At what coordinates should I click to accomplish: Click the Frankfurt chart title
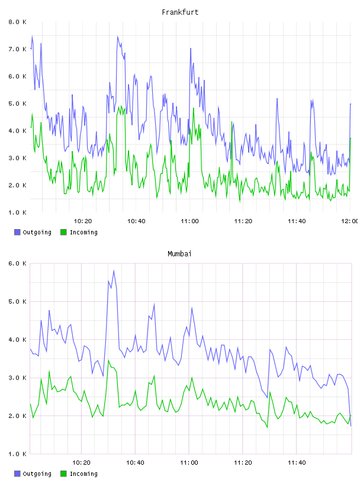click(180, 12)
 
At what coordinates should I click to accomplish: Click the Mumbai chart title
click(179, 254)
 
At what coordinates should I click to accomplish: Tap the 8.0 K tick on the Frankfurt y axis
click(17, 22)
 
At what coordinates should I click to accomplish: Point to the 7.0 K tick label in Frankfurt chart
click(17, 49)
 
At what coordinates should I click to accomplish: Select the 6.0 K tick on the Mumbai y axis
click(17, 263)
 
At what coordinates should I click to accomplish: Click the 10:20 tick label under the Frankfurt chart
click(83, 221)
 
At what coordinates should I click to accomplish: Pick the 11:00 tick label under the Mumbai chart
click(189, 463)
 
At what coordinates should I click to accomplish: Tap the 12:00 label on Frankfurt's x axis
click(350, 221)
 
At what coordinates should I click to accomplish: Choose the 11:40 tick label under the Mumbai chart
click(297, 463)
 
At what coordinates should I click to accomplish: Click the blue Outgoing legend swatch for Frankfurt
click(17, 232)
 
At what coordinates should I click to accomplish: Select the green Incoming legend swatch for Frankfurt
click(63, 232)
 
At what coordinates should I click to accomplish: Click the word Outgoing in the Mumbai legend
click(37, 474)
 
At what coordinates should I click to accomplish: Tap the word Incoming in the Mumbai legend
click(83, 474)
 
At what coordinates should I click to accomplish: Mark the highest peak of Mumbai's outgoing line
click(114, 271)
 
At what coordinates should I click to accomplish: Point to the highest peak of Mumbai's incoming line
click(108, 360)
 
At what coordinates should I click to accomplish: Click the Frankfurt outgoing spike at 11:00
click(191, 49)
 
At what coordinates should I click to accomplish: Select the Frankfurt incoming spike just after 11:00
click(194, 108)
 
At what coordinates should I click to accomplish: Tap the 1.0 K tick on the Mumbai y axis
click(17, 454)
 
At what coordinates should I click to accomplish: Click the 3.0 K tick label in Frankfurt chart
click(17, 158)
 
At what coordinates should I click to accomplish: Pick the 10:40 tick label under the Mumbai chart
click(135, 463)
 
